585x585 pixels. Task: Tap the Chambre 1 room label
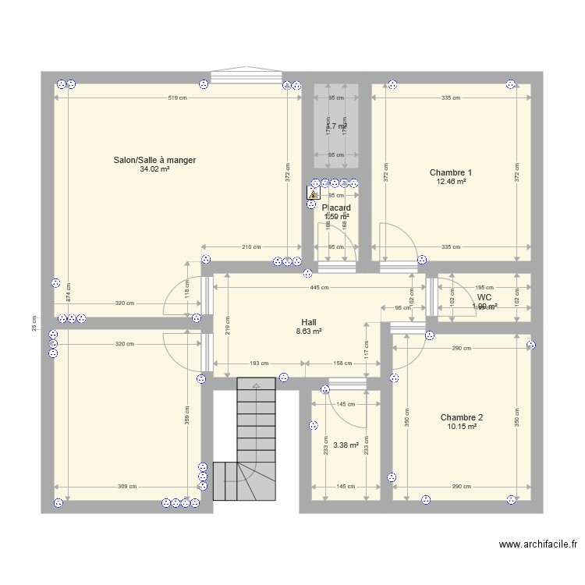coord(451,172)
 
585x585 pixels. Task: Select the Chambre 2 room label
coord(461,417)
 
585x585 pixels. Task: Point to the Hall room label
coord(309,321)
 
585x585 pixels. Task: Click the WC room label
coord(484,297)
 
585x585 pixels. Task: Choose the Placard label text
coord(336,207)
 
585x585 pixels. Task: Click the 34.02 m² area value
coord(154,169)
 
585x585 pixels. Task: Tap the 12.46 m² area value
coord(451,182)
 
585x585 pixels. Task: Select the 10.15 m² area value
coord(461,427)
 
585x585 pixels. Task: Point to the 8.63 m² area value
coord(309,331)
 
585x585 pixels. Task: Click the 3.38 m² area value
coord(346,446)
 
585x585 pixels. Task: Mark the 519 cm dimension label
coord(177,97)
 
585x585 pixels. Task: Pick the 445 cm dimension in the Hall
coord(318,287)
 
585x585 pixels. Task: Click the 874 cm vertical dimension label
coord(69,291)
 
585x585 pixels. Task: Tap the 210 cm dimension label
coord(250,247)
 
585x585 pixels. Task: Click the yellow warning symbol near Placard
coord(314,197)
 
